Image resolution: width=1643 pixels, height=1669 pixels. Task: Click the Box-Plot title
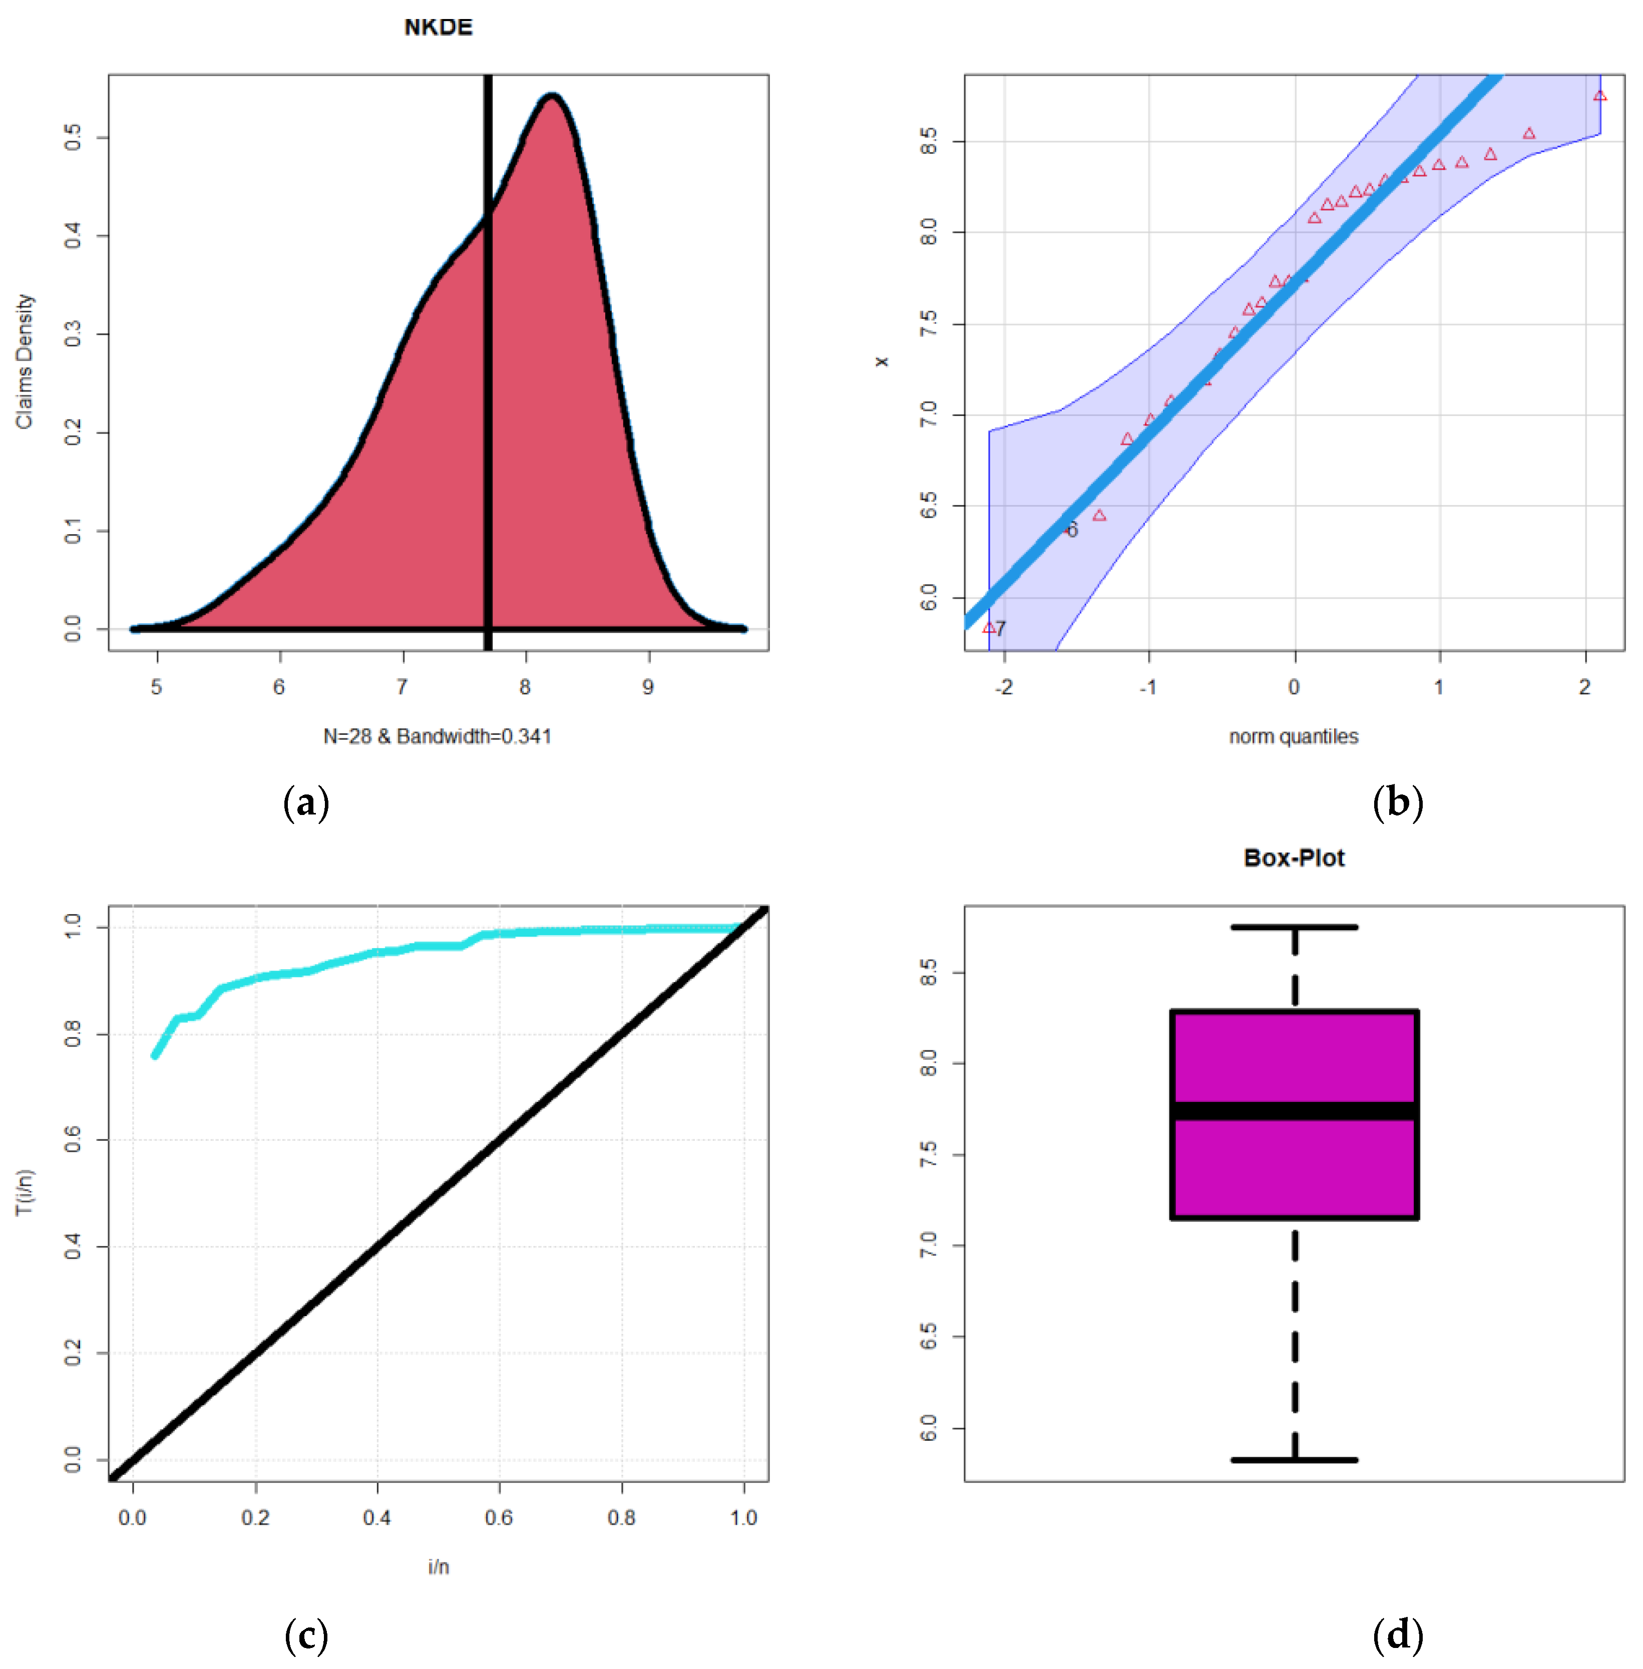click(1294, 858)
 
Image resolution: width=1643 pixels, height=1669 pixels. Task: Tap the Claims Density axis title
click(24, 361)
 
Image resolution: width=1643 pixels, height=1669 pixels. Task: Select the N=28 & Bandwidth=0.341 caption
click(438, 736)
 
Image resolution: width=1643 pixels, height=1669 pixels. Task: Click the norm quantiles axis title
click(1294, 736)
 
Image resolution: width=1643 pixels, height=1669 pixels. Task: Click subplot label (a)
click(306, 802)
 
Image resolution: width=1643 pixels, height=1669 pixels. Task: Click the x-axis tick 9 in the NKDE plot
click(648, 687)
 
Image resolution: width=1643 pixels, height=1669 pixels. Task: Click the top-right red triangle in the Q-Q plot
click(1600, 96)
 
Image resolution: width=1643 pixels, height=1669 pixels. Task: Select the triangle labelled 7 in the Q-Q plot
click(989, 627)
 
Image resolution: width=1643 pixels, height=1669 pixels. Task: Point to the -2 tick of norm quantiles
click(1004, 687)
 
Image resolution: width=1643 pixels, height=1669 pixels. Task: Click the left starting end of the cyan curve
click(155, 1055)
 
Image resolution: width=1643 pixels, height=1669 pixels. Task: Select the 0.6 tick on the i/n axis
click(499, 1517)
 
